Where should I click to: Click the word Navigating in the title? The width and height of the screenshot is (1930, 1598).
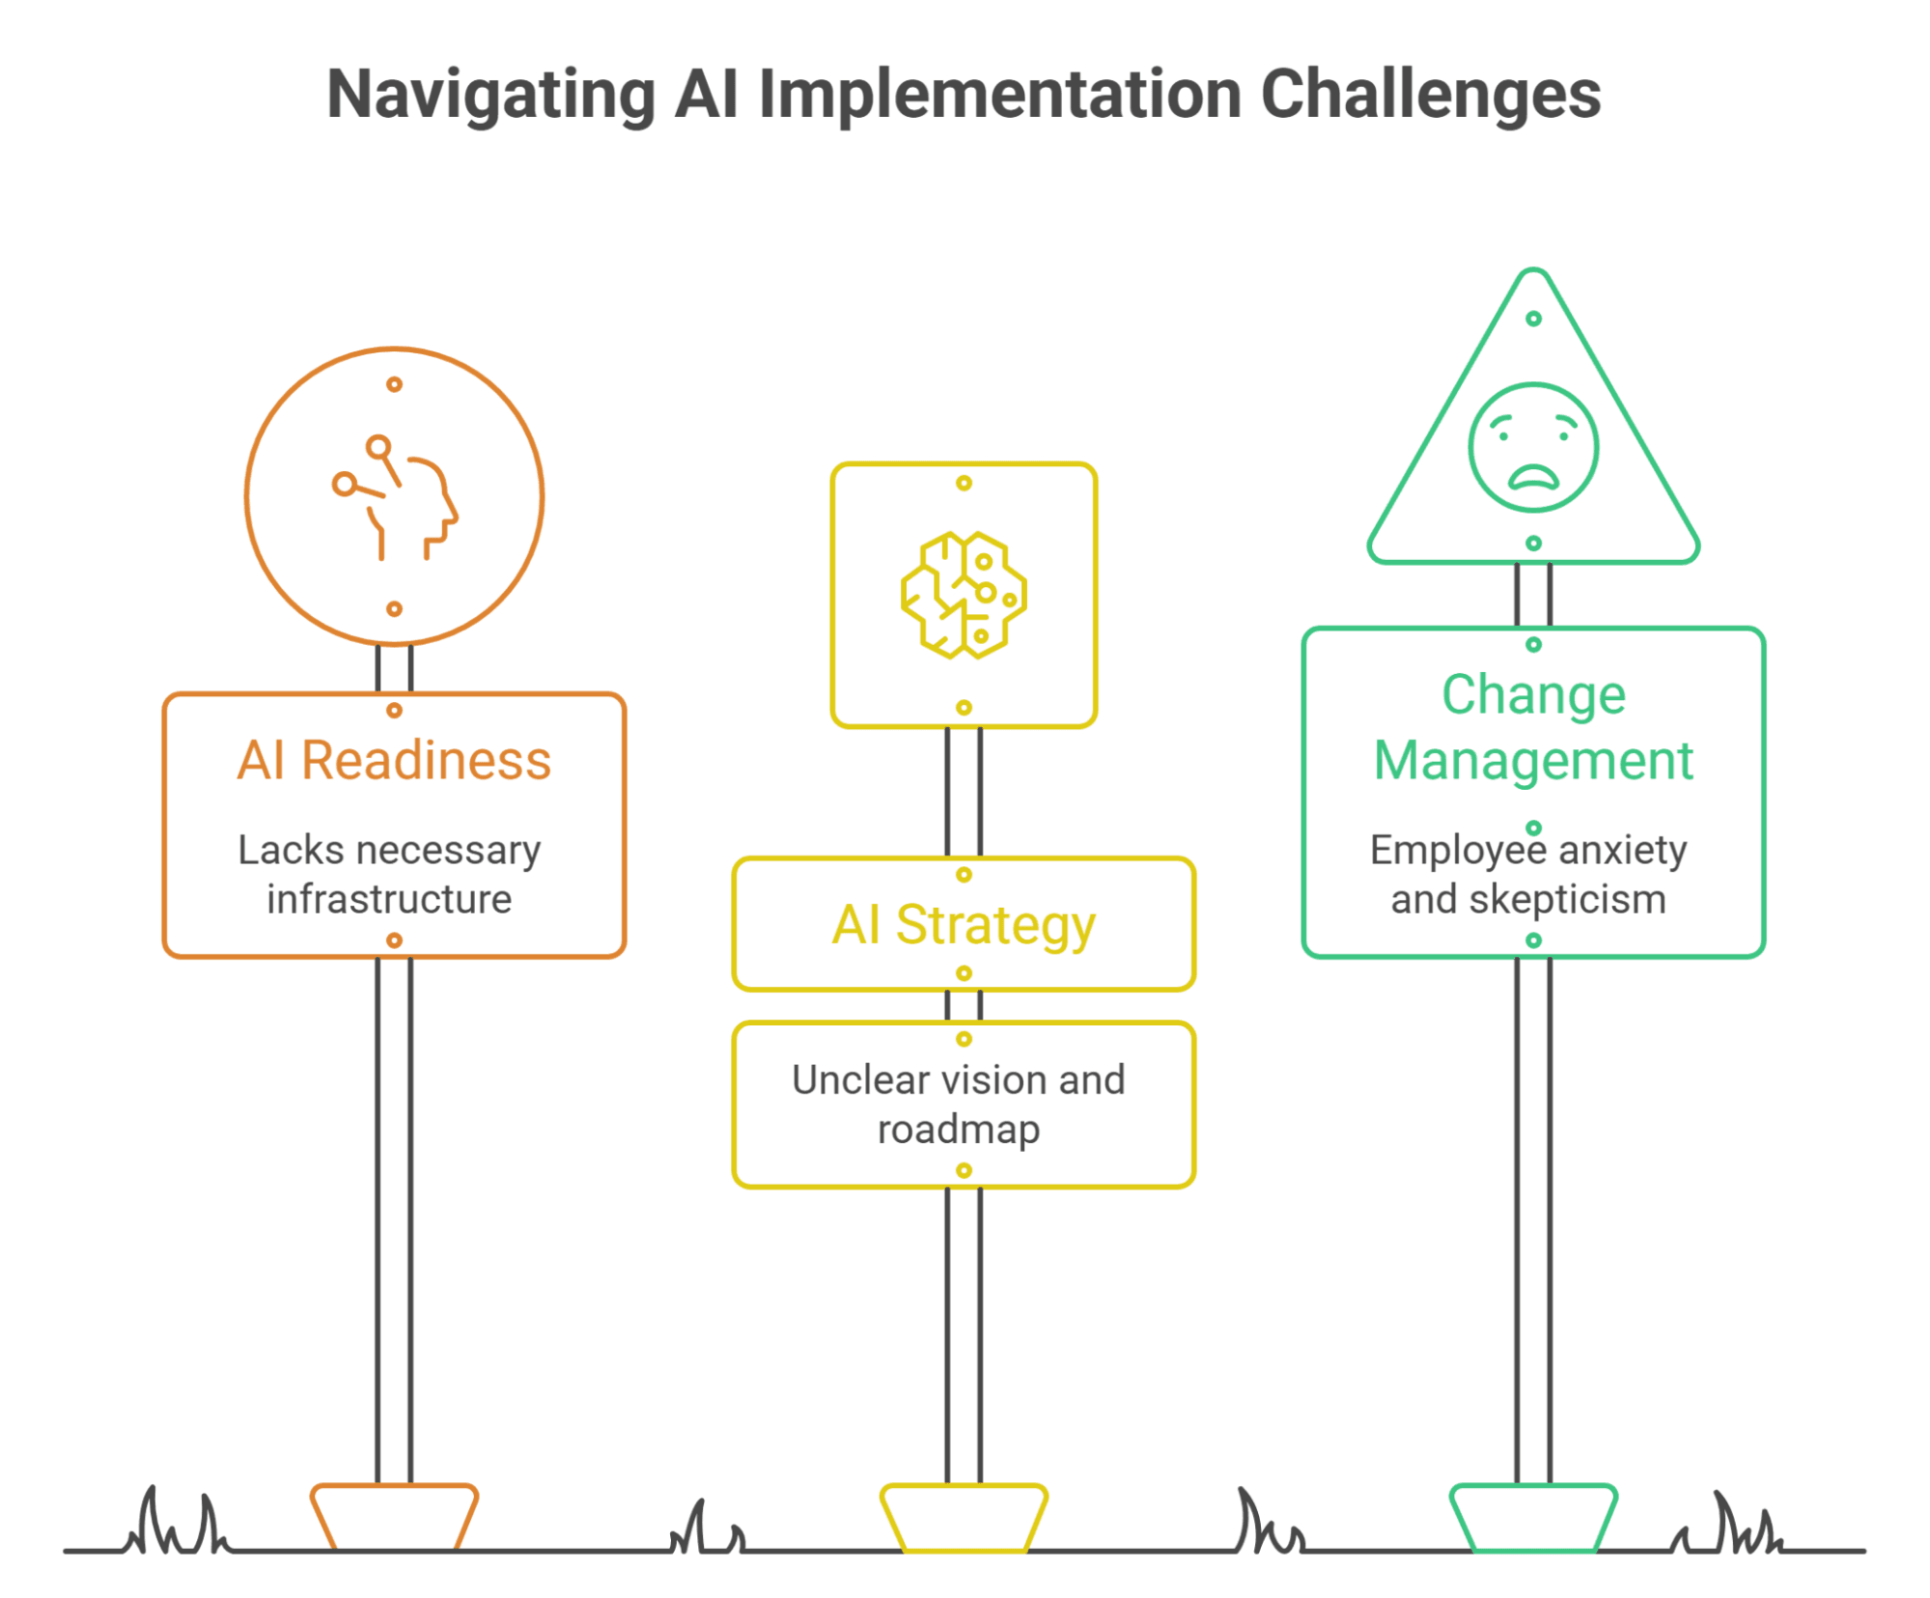click(x=491, y=96)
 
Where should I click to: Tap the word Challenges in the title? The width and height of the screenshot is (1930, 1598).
click(x=1430, y=94)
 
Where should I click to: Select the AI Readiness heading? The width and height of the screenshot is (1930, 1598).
click(x=394, y=760)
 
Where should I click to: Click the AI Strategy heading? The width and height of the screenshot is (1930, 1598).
click(x=964, y=926)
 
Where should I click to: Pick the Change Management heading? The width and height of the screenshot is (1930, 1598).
click(x=1533, y=728)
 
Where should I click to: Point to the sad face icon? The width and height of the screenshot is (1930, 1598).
click(x=1533, y=447)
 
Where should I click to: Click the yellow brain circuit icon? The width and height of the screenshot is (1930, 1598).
click(x=964, y=595)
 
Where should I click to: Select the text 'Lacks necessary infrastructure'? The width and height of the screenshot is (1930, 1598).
click(x=389, y=874)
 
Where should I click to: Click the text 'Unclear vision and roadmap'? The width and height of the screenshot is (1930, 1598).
click(x=959, y=1105)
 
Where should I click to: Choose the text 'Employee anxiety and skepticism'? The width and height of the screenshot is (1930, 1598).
click(x=1528, y=874)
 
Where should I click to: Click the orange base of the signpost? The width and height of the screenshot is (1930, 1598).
click(x=394, y=1516)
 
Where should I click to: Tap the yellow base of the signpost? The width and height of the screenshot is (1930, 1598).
click(x=964, y=1517)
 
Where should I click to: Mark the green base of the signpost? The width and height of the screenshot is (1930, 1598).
click(x=1533, y=1517)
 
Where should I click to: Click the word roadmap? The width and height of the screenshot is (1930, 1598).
click(x=959, y=1130)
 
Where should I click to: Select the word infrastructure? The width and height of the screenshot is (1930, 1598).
click(x=389, y=899)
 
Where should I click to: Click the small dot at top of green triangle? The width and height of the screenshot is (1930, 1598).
click(x=1533, y=319)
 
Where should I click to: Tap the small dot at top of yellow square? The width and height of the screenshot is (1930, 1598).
click(x=964, y=483)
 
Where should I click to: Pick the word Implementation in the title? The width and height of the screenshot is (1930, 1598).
click(x=1000, y=96)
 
